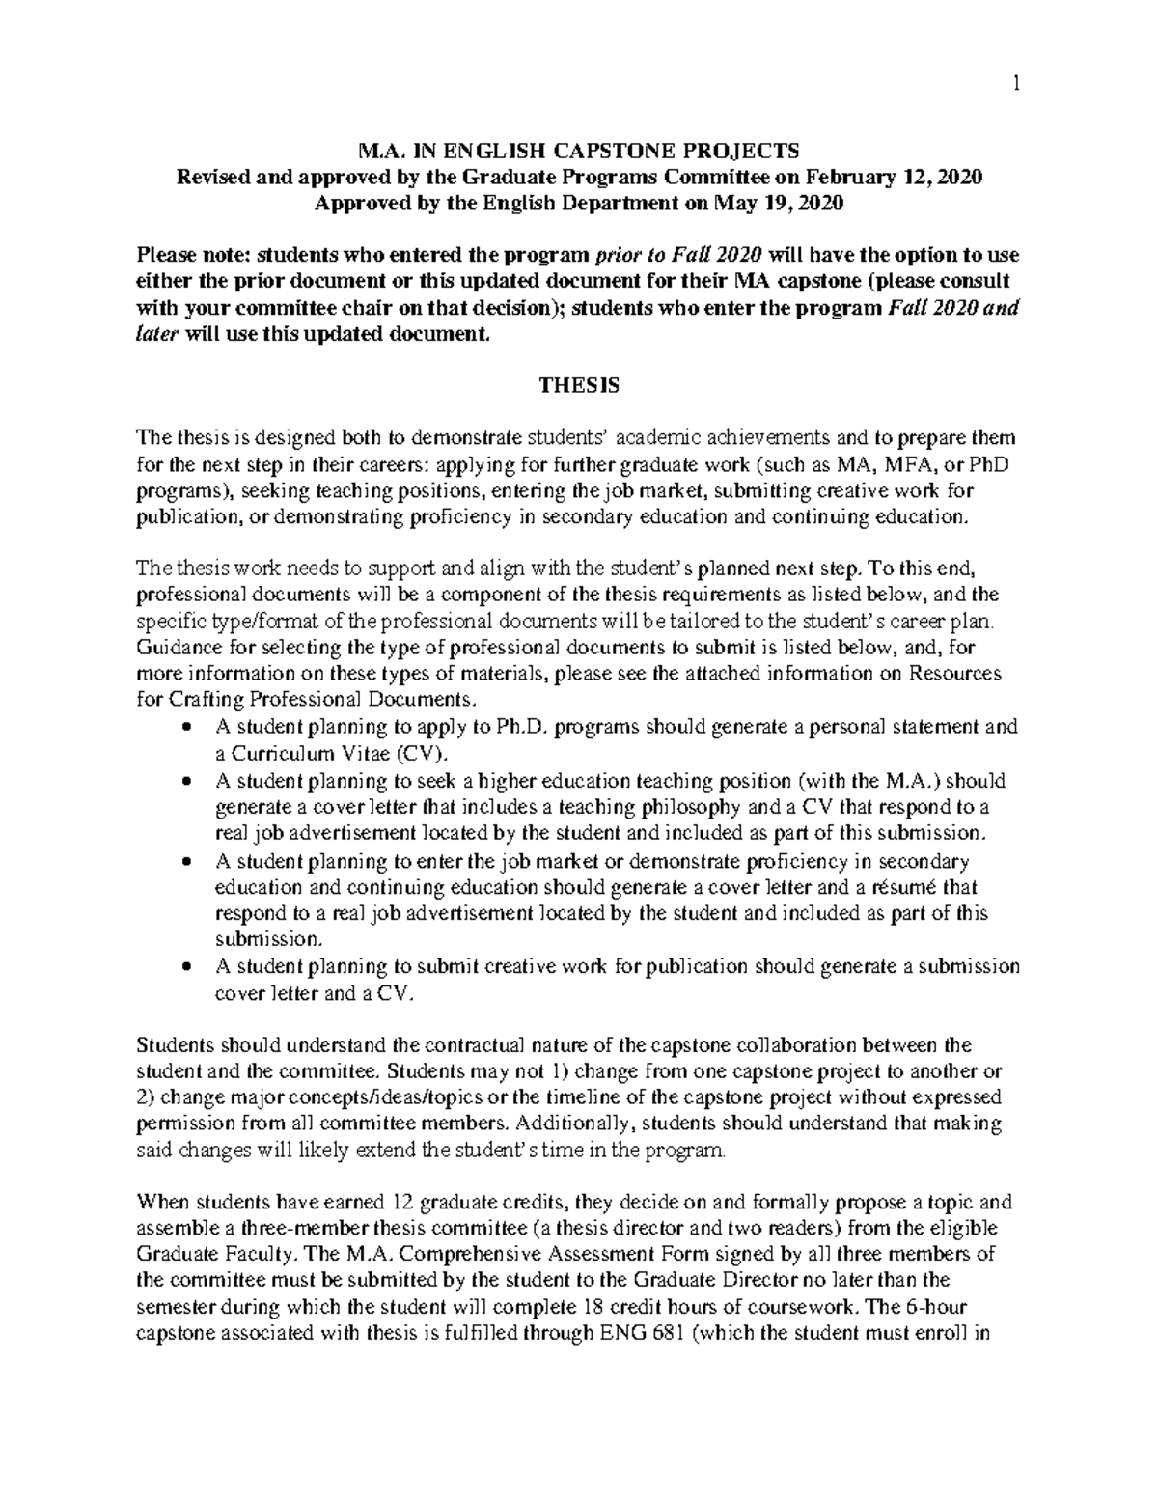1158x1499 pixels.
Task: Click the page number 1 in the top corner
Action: [x=1015, y=84]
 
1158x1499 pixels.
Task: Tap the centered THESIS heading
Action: [x=578, y=385]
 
